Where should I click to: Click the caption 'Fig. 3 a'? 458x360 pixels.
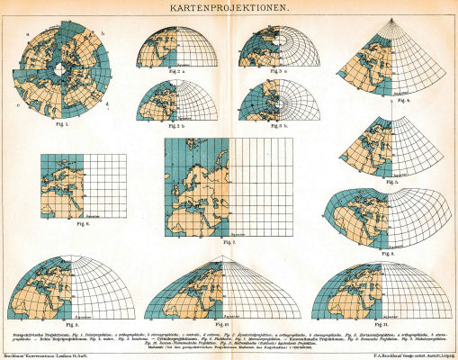click(x=282, y=70)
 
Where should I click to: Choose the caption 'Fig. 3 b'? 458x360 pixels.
click(x=282, y=126)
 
